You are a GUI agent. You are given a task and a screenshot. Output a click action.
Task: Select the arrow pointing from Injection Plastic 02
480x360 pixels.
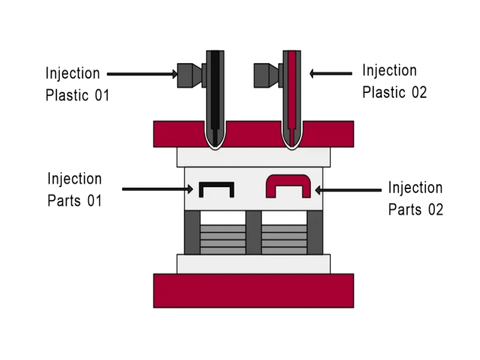pyautogui.click(x=331, y=74)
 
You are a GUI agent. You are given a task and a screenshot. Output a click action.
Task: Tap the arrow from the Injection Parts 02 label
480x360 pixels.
pyautogui.click(x=349, y=190)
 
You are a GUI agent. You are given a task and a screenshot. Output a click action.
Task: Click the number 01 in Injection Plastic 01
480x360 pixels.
pyautogui.click(x=101, y=95)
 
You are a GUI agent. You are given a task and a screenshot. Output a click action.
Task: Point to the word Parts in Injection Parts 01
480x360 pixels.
pyautogui.click(x=66, y=200)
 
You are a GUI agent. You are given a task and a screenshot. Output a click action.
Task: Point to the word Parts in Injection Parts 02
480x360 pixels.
pyautogui.click(x=406, y=209)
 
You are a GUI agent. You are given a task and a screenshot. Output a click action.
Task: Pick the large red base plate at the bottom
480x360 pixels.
pyautogui.click(x=253, y=290)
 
